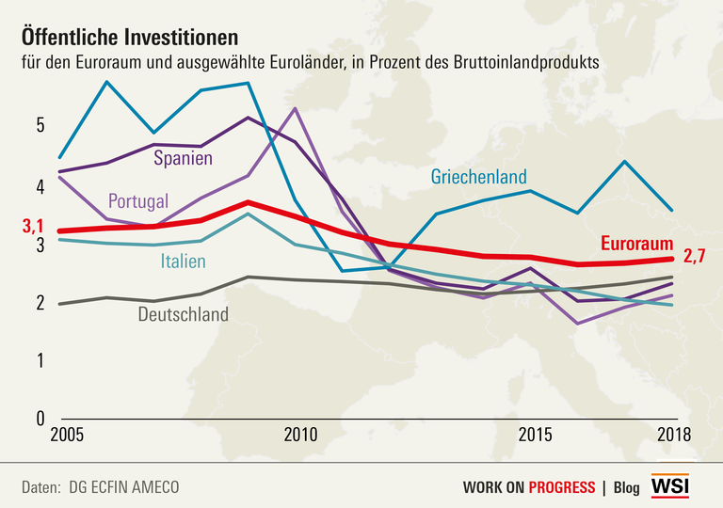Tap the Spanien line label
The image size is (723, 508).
pos(183,158)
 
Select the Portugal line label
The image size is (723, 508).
pos(137,200)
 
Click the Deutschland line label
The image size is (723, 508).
pos(183,314)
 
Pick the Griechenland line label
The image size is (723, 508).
pos(478,176)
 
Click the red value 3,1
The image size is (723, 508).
pos(34,227)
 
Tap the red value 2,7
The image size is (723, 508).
pos(695,257)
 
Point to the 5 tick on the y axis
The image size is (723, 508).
pos(40,125)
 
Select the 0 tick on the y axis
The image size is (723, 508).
pos(40,418)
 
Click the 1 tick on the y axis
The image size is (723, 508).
pos(40,359)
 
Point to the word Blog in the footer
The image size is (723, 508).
pos(626,487)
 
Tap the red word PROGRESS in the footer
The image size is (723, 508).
pos(561,487)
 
